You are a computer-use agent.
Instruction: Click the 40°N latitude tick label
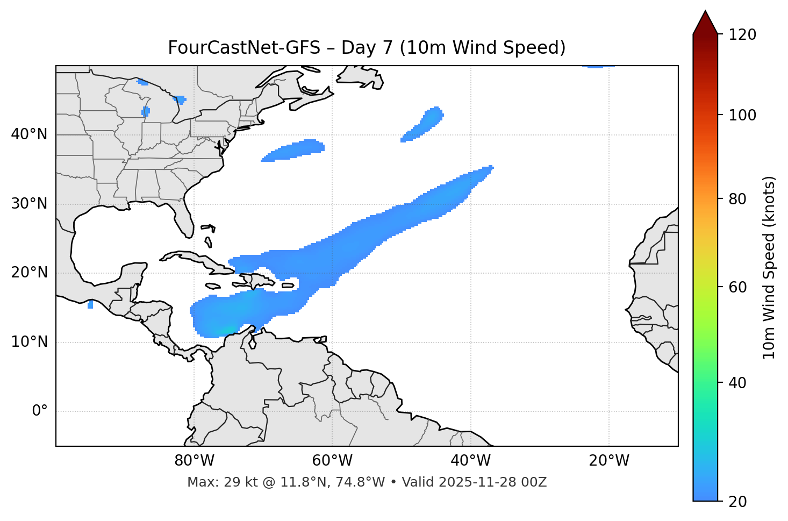point(29,134)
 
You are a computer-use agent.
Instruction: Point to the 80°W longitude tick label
point(194,461)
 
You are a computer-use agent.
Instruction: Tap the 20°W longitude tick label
point(609,461)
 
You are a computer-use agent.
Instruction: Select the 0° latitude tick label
point(39,411)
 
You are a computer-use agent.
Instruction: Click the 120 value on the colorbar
point(741,35)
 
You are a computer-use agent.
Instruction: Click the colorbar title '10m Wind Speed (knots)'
point(769,267)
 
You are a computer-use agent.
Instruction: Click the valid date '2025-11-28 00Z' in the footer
point(492,482)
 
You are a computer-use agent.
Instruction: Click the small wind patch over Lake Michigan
point(146,111)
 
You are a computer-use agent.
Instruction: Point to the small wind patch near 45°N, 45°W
point(425,124)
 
